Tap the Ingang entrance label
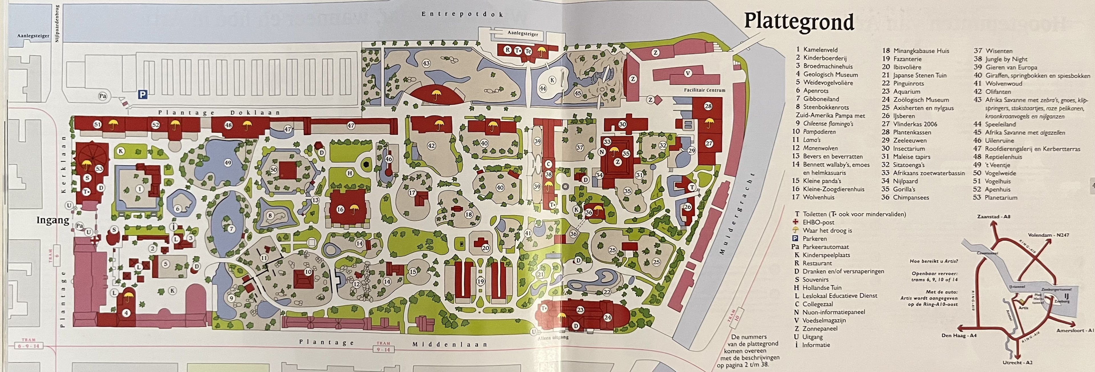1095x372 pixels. click(x=53, y=220)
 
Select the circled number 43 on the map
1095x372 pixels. click(x=426, y=63)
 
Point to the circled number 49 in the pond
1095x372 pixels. click(x=228, y=163)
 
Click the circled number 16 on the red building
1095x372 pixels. click(x=340, y=209)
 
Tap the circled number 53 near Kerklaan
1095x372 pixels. click(x=100, y=169)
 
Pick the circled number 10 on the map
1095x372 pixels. click(x=308, y=272)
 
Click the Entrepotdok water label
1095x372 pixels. click(x=462, y=14)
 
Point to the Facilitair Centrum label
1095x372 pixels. click(x=704, y=90)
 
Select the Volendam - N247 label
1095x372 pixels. click(x=1048, y=235)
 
